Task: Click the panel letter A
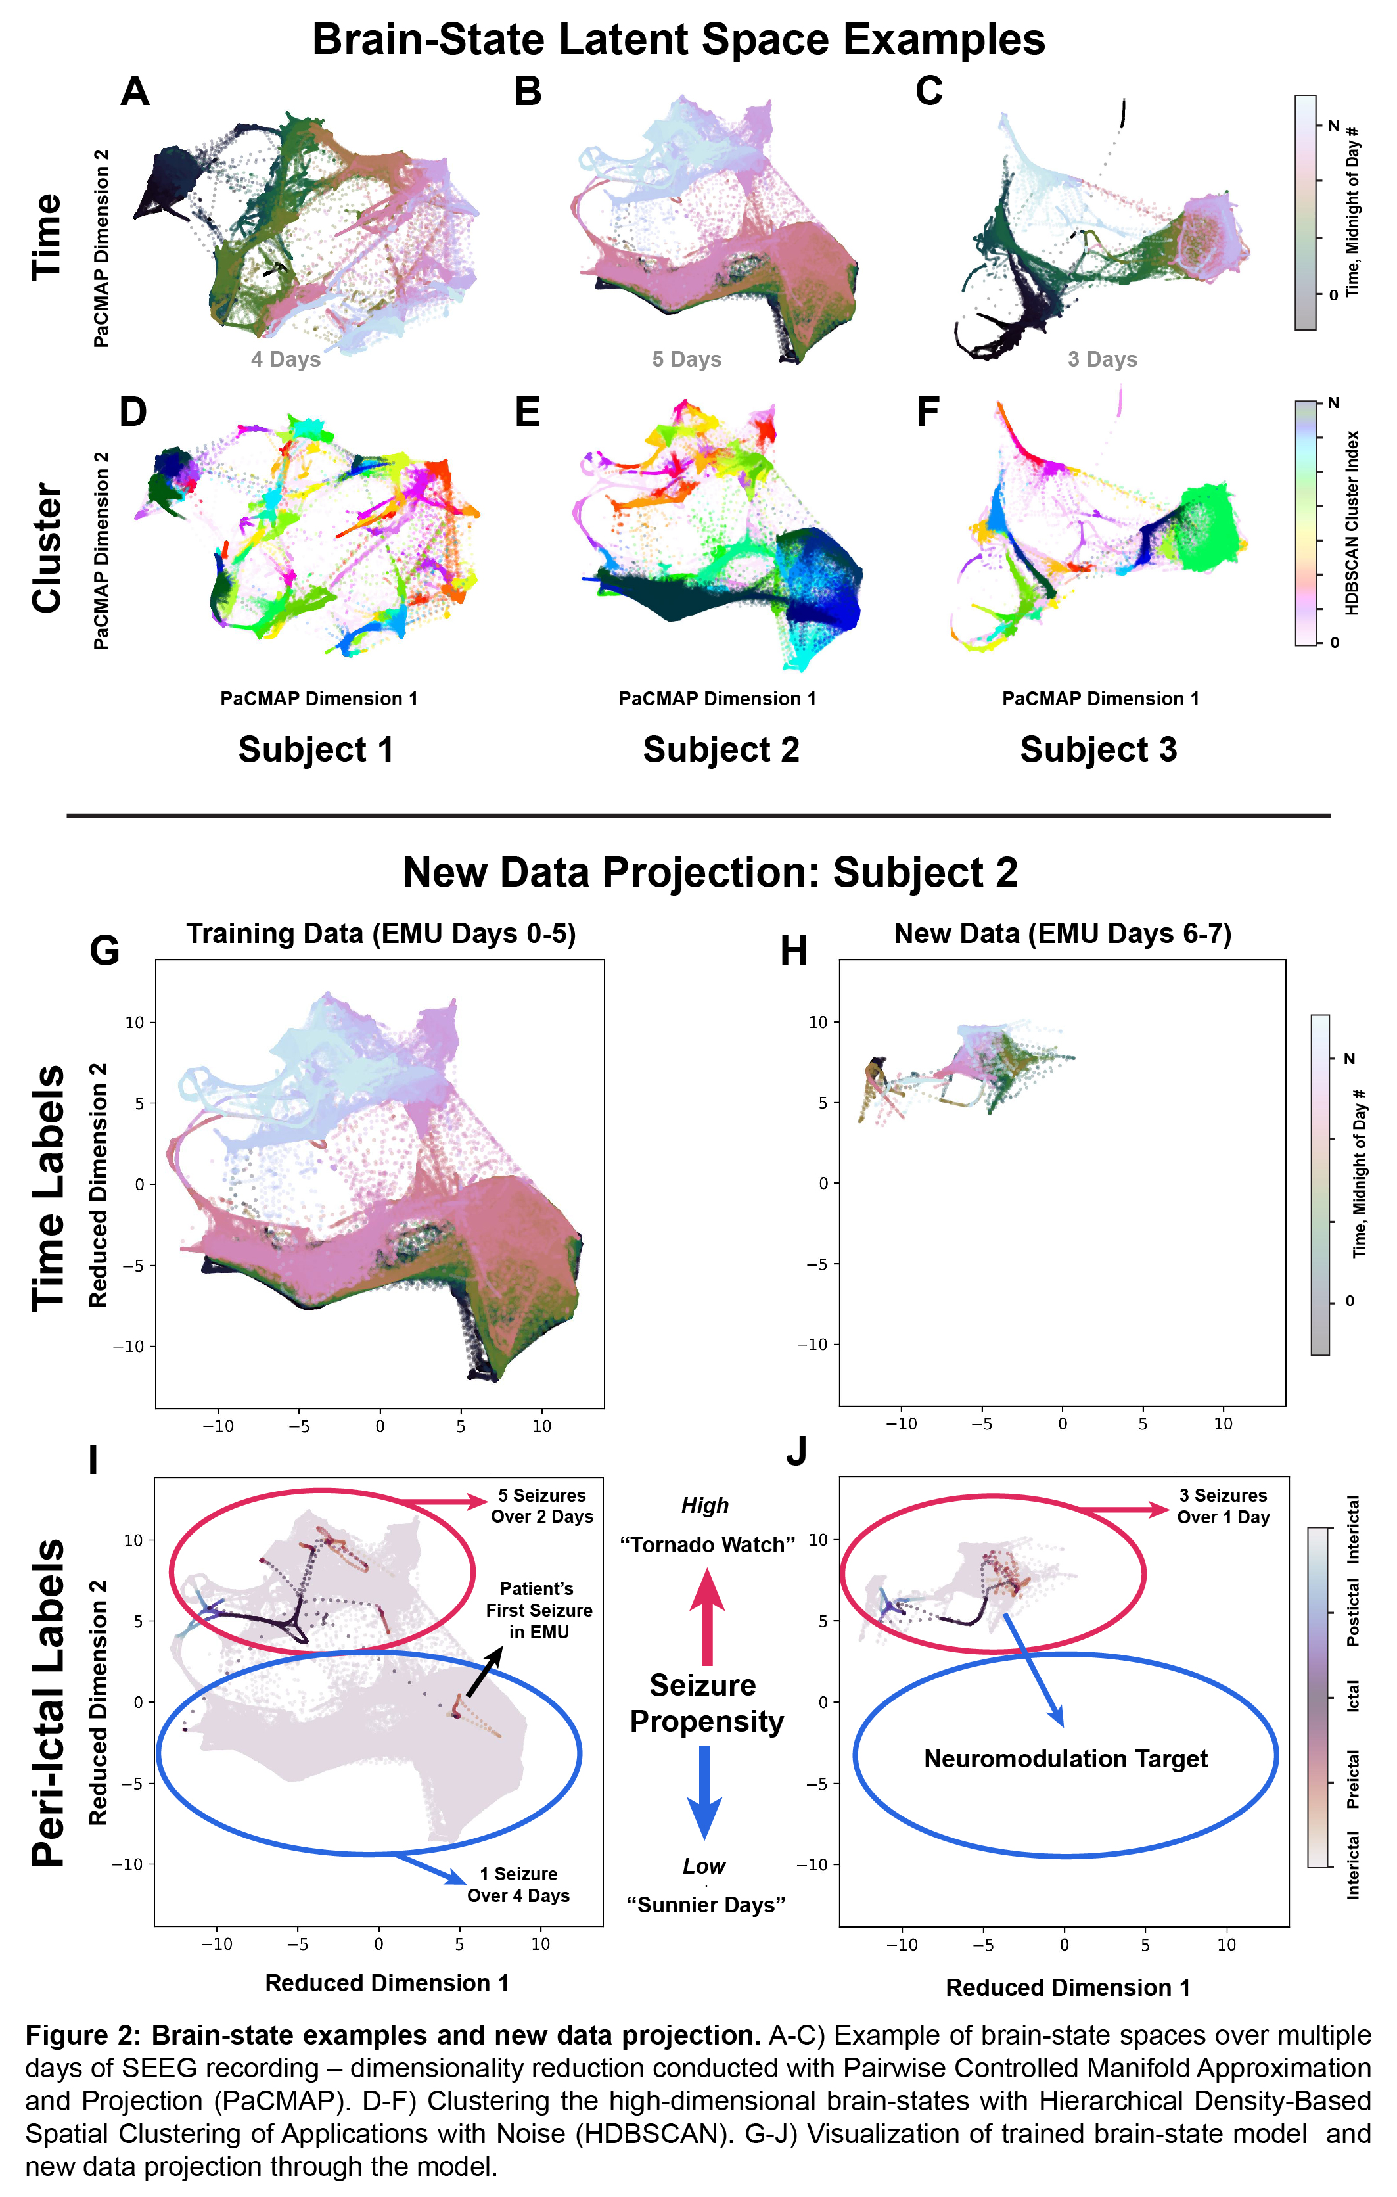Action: tap(135, 91)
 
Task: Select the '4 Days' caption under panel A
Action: tap(286, 359)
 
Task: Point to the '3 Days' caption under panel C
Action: tap(1102, 359)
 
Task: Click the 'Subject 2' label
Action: tap(721, 750)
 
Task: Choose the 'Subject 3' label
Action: tap(1098, 750)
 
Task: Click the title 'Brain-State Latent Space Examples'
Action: tap(678, 40)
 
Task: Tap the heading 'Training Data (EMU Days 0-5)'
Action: tap(380, 935)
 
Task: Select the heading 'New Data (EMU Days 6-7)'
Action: tap(1062, 935)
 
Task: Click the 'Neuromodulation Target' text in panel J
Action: tap(1065, 1759)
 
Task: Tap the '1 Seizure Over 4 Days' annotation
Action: tap(518, 1885)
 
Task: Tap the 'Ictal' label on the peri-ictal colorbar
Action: tap(1353, 1695)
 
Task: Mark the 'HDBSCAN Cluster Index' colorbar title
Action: tap(1352, 522)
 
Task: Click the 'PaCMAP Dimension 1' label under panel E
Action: tap(717, 699)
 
